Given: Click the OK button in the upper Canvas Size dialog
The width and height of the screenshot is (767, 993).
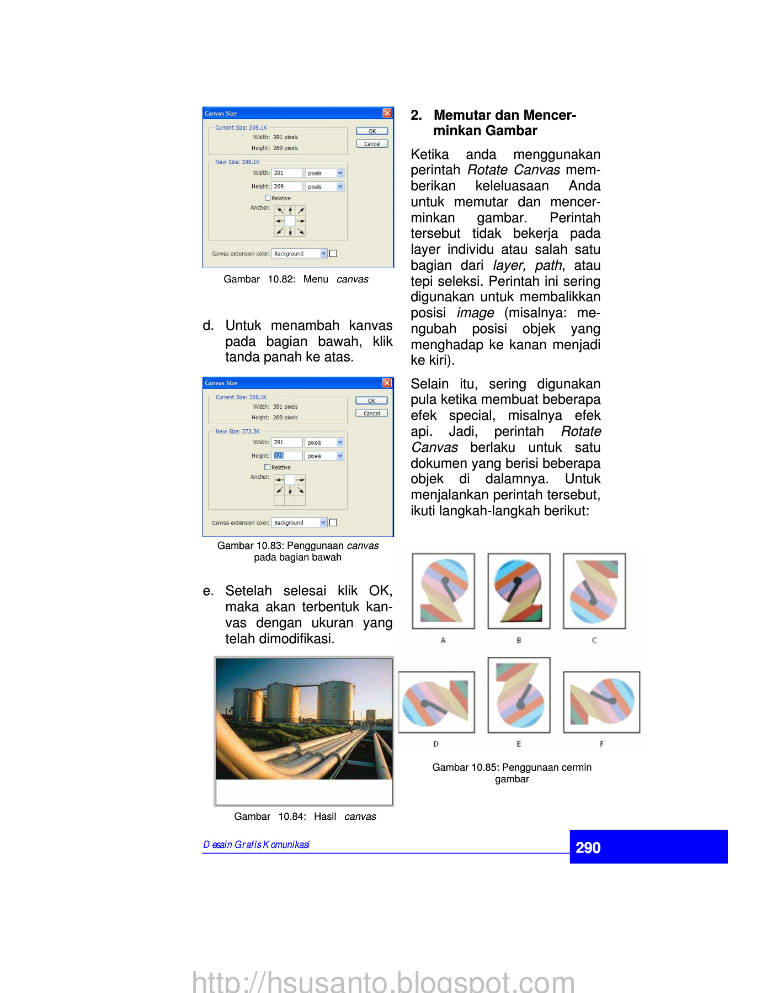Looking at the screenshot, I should coord(372,131).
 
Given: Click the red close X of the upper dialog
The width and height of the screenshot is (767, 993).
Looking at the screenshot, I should coord(387,113).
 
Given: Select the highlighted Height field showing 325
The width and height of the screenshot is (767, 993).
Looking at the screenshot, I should coord(287,456).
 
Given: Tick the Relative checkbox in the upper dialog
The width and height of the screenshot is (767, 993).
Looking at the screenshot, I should coord(268,198).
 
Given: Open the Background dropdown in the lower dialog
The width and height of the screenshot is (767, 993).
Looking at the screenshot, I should coord(323,522).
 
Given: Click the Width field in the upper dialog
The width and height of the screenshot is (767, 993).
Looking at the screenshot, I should coord(287,173).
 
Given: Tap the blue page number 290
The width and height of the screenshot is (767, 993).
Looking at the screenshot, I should coord(588,847).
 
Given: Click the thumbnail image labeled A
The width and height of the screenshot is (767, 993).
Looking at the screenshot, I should coord(443,591).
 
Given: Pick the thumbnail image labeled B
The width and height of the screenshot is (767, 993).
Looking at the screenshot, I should coord(519,591).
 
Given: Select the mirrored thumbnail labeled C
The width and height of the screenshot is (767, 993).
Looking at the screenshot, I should coord(594,591).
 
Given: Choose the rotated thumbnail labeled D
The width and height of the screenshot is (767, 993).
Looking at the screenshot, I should coord(436,702).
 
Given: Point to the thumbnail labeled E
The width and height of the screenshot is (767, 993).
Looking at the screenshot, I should coord(519,695).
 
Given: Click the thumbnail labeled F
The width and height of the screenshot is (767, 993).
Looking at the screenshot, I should coord(601,702).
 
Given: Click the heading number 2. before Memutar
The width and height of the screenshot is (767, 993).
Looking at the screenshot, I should coord(416,115).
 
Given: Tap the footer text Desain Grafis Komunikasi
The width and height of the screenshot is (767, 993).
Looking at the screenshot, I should coord(256,845).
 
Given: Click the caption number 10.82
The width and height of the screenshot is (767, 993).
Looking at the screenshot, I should coord(281,279).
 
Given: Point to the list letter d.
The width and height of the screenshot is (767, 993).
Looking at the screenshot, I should coord(208,325).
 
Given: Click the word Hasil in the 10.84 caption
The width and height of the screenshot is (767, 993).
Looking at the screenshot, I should coord(325,816).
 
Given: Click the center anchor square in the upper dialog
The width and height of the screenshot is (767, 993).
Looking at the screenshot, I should coord(290,221).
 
